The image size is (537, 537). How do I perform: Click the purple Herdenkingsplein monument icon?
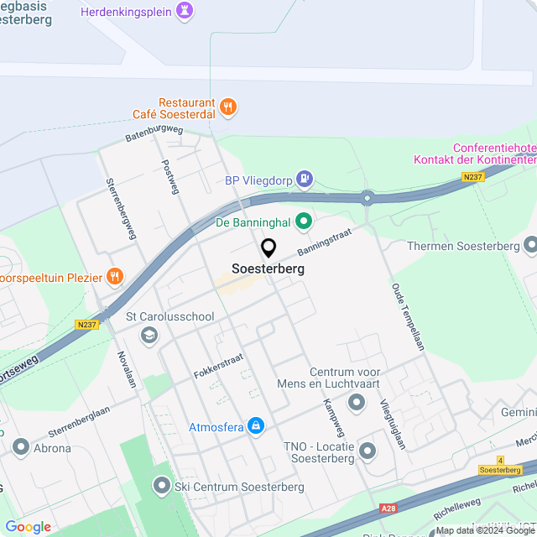pos(185,11)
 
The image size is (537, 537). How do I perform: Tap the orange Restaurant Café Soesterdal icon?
pos(227,107)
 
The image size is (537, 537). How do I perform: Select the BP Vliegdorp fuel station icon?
pos(305,178)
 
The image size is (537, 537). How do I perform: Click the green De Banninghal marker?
pos(304,222)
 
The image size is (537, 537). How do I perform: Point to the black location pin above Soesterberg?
pos(268,248)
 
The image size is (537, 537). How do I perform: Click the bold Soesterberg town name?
pos(268,269)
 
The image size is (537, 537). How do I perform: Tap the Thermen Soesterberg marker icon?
pos(530,245)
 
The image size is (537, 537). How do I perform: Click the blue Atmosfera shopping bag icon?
pos(257,426)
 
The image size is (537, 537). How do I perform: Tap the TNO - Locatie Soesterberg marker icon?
pos(368,452)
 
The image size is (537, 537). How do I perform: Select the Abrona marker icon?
pos(20,447)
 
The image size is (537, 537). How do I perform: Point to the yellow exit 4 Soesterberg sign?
pos(500,465)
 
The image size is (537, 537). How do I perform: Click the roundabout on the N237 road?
pos(368,199)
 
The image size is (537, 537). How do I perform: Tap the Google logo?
pos(28,526)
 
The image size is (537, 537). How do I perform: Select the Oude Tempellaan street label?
pos(405,318)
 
